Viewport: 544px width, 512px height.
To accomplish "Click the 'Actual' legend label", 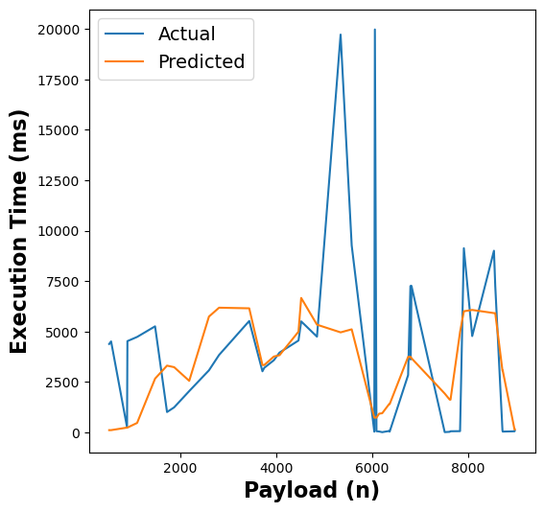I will coord(186,35).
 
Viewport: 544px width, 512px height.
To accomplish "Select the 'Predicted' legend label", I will coord(201,62).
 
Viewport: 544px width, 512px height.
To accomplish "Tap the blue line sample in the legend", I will coord(125,35).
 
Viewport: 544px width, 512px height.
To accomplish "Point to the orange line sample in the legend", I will coord(125,62).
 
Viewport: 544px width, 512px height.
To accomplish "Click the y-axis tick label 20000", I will coord(58,30).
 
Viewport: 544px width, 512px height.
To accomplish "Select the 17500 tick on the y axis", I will coord(58,80).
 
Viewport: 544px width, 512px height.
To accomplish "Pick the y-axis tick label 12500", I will coord(58,181).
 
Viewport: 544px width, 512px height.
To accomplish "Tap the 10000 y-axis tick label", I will coord(58,231).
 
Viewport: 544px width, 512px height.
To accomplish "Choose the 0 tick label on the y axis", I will coord(77,433).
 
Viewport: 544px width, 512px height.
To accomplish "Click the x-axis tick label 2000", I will coord(180,468).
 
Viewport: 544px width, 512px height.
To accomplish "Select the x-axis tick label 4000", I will coord(276,468).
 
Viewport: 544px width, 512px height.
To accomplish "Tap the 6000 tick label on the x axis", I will coord(372,468).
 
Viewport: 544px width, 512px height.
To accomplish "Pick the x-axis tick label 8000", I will coord(468,468).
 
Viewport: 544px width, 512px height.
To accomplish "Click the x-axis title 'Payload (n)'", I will coord(312,491).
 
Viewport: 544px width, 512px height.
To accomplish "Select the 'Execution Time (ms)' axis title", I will coord(19,231).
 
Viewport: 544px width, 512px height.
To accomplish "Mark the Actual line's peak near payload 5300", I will coord(341,35).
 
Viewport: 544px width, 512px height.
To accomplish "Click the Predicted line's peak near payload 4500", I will coord(301,298).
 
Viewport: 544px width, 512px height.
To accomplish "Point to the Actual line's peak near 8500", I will coord(494,251).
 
